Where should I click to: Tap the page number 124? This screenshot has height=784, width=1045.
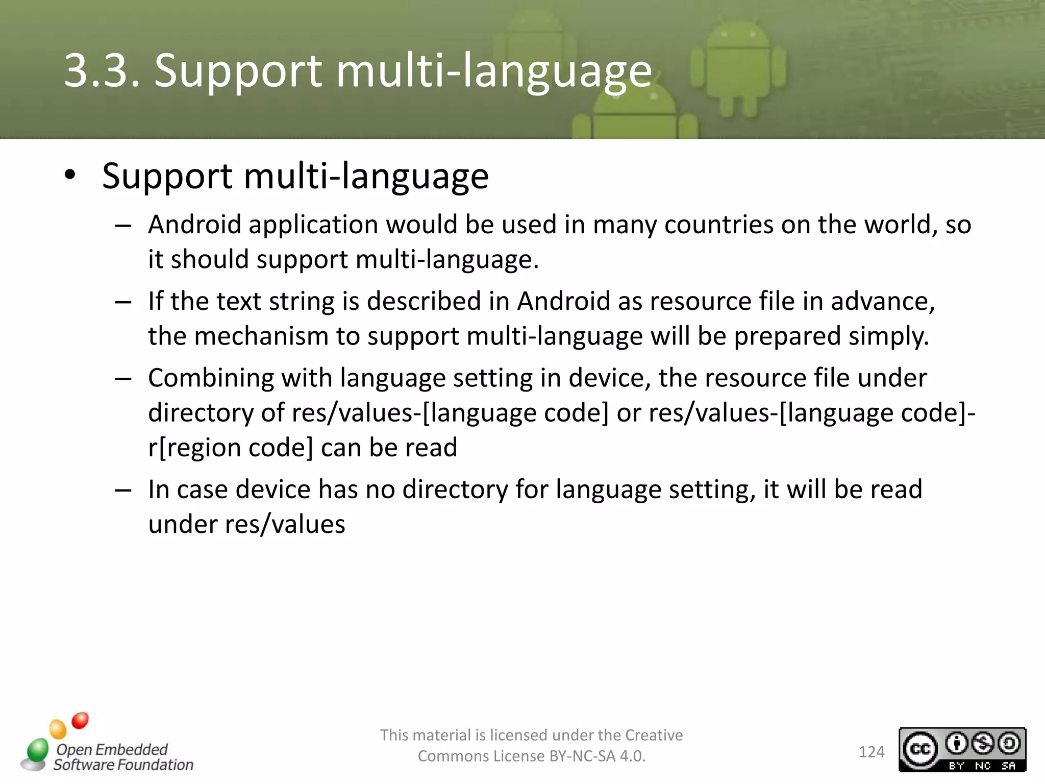coord(871,752)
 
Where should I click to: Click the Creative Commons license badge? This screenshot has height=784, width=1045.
coord(962,749)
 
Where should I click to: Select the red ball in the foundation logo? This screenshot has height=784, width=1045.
coord(80,720)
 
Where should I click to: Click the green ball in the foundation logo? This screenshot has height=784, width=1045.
coord(38,750)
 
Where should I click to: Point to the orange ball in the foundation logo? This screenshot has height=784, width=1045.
coord(58,729)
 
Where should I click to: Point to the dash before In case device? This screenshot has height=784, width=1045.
coord(123,491)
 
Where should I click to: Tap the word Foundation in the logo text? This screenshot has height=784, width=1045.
coord(162,765)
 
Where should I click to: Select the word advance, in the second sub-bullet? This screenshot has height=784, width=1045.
coord(882,301)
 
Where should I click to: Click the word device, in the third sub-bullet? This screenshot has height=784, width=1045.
coord(609,378)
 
